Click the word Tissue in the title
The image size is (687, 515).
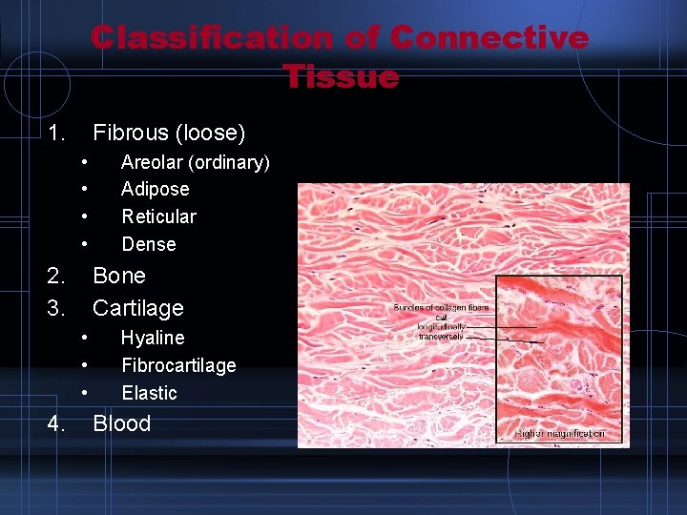coord(341,75)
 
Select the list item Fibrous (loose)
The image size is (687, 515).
coord(169,133)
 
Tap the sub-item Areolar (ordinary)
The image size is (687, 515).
coord(196,163)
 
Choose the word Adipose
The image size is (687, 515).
coord(156,190)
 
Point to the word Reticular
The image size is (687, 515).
coord(158,216)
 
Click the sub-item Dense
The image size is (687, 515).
coord(149,244)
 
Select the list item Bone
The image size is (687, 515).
coord(119,276)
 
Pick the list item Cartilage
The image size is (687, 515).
coord(138,308)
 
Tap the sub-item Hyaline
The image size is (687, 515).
coord(153,338)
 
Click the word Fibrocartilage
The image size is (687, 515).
coord(178,365)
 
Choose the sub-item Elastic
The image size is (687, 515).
coord(150,393)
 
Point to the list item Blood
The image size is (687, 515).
coord(122,424)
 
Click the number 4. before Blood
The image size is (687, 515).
coord(56,424)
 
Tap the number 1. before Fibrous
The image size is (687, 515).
coord(56,133)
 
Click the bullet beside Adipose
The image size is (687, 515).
coord(85,190)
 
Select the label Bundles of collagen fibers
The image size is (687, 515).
coord(441,308)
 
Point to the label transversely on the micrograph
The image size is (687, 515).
coord(441,337)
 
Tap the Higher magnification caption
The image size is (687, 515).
coord(559,434)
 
